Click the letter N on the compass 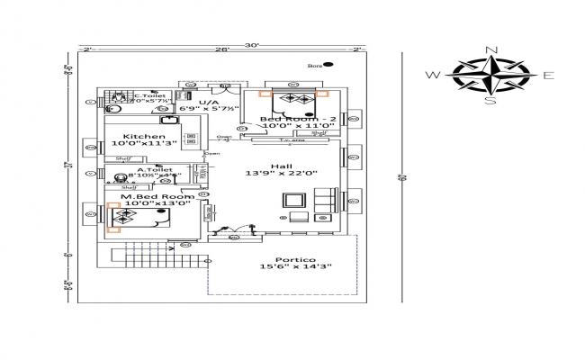[490, 49]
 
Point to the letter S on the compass [490, 101]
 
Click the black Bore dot [328, 65]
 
